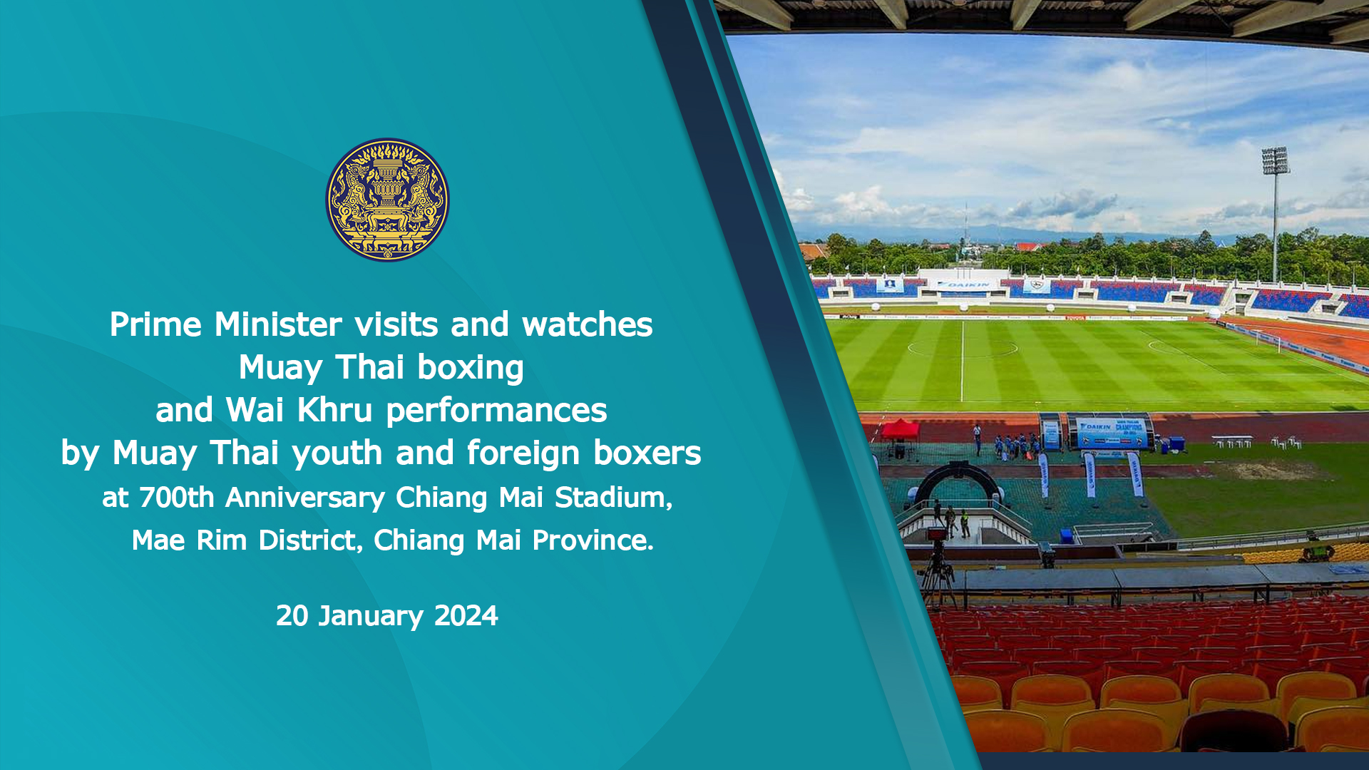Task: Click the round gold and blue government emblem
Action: tap(387, 200)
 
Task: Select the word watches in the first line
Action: tap(588, 324)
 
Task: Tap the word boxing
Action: tap(471, 369)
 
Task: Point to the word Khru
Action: tap(334, 410)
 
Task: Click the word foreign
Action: tap(523, 453)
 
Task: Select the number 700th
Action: tap(177, 498)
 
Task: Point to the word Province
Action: tap(593, 540)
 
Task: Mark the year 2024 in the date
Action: tap(466, 616)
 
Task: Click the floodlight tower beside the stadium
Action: tap(1275, 214)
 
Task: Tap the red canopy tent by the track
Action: tap(900, 430)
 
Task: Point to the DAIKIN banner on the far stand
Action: tap(963, 284)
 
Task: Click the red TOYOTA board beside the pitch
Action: tap(1076, 317)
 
